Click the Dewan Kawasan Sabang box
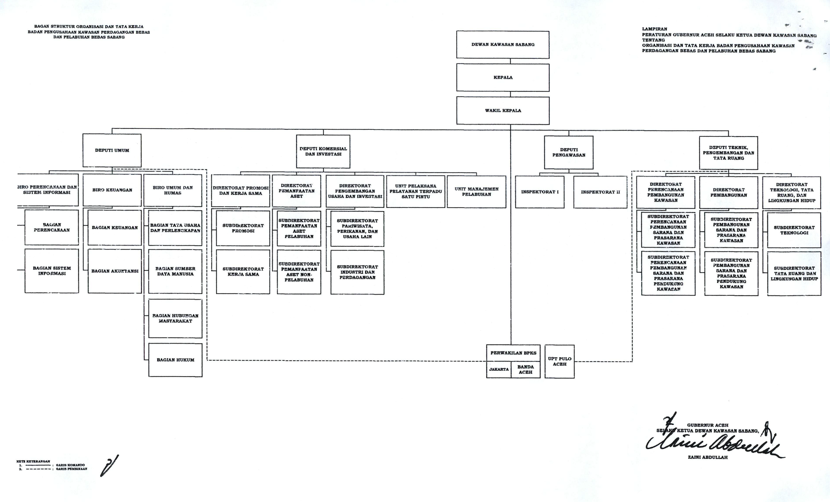[x=503, y=45]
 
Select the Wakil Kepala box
[x=503, y=110]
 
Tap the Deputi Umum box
[x=112, y=151]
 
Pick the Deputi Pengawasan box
[x=568, y=152]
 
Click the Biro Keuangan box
[x=112, y=190]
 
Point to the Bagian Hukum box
[x=175, y=360]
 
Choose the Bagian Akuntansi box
[x=114, y=271]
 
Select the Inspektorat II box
[x=600, y=192]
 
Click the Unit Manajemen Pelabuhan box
[x=476, y=192]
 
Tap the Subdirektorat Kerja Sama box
[x=243, y=272]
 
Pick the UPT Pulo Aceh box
[x=560, y=361]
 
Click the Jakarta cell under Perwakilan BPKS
[x=499, y=369]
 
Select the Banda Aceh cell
[x=526, y=370]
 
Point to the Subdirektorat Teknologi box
[x=794, y=230]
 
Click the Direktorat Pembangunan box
[x=728, y=193]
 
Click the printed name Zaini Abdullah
[x=707, y=457]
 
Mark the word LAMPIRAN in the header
[x=654, y=29]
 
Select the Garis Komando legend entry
[x=70, y=465]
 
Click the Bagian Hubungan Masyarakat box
[x=175, y=318]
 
